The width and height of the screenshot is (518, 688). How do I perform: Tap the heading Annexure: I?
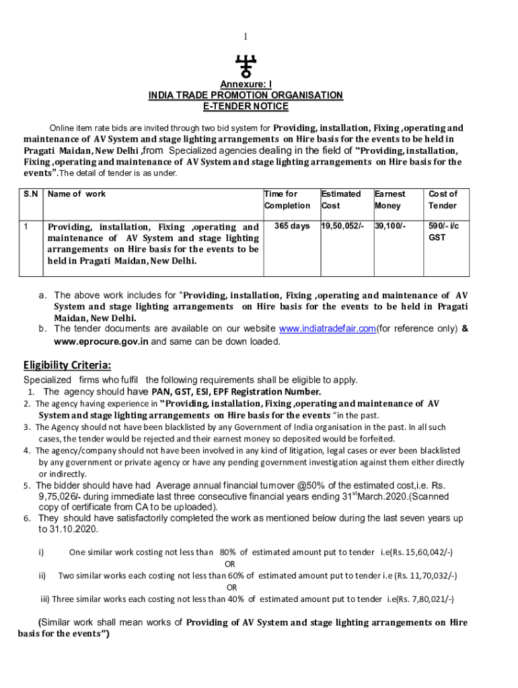246,85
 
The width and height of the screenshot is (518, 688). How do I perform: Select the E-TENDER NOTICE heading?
246,106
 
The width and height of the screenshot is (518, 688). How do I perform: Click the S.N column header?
30,194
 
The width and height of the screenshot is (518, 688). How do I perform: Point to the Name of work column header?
77,194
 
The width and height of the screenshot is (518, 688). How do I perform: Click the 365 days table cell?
292,226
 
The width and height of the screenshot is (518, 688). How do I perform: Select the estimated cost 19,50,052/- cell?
343,226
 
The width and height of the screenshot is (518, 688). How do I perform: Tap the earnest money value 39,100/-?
390,226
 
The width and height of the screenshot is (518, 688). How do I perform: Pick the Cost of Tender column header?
443,200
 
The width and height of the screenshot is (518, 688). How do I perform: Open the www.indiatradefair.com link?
327,329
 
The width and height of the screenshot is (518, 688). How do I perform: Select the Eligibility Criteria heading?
67,365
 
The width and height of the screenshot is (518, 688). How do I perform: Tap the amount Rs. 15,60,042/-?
421,552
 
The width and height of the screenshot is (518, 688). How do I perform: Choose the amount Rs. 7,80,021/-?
422,599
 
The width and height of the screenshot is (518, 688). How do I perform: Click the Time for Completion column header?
287,200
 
